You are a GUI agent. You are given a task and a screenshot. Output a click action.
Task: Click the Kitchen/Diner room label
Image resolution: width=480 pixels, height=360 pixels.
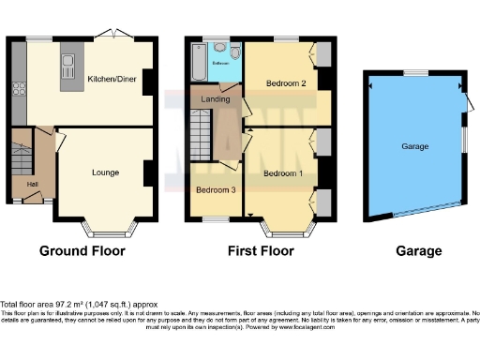112,80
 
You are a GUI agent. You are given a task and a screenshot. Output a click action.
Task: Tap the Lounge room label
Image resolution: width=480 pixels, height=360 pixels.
105,173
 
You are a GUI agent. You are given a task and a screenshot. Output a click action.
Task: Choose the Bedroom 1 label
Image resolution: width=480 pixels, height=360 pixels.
282,173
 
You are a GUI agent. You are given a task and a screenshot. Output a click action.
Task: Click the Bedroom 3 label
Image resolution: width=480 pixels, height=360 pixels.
214,190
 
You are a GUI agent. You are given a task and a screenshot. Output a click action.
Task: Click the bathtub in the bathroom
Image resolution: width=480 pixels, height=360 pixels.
195,61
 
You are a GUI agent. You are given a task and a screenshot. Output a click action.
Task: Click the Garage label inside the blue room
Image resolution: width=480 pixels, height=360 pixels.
414,147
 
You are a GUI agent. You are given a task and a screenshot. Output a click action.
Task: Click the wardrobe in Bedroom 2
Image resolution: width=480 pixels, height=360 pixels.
323,56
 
